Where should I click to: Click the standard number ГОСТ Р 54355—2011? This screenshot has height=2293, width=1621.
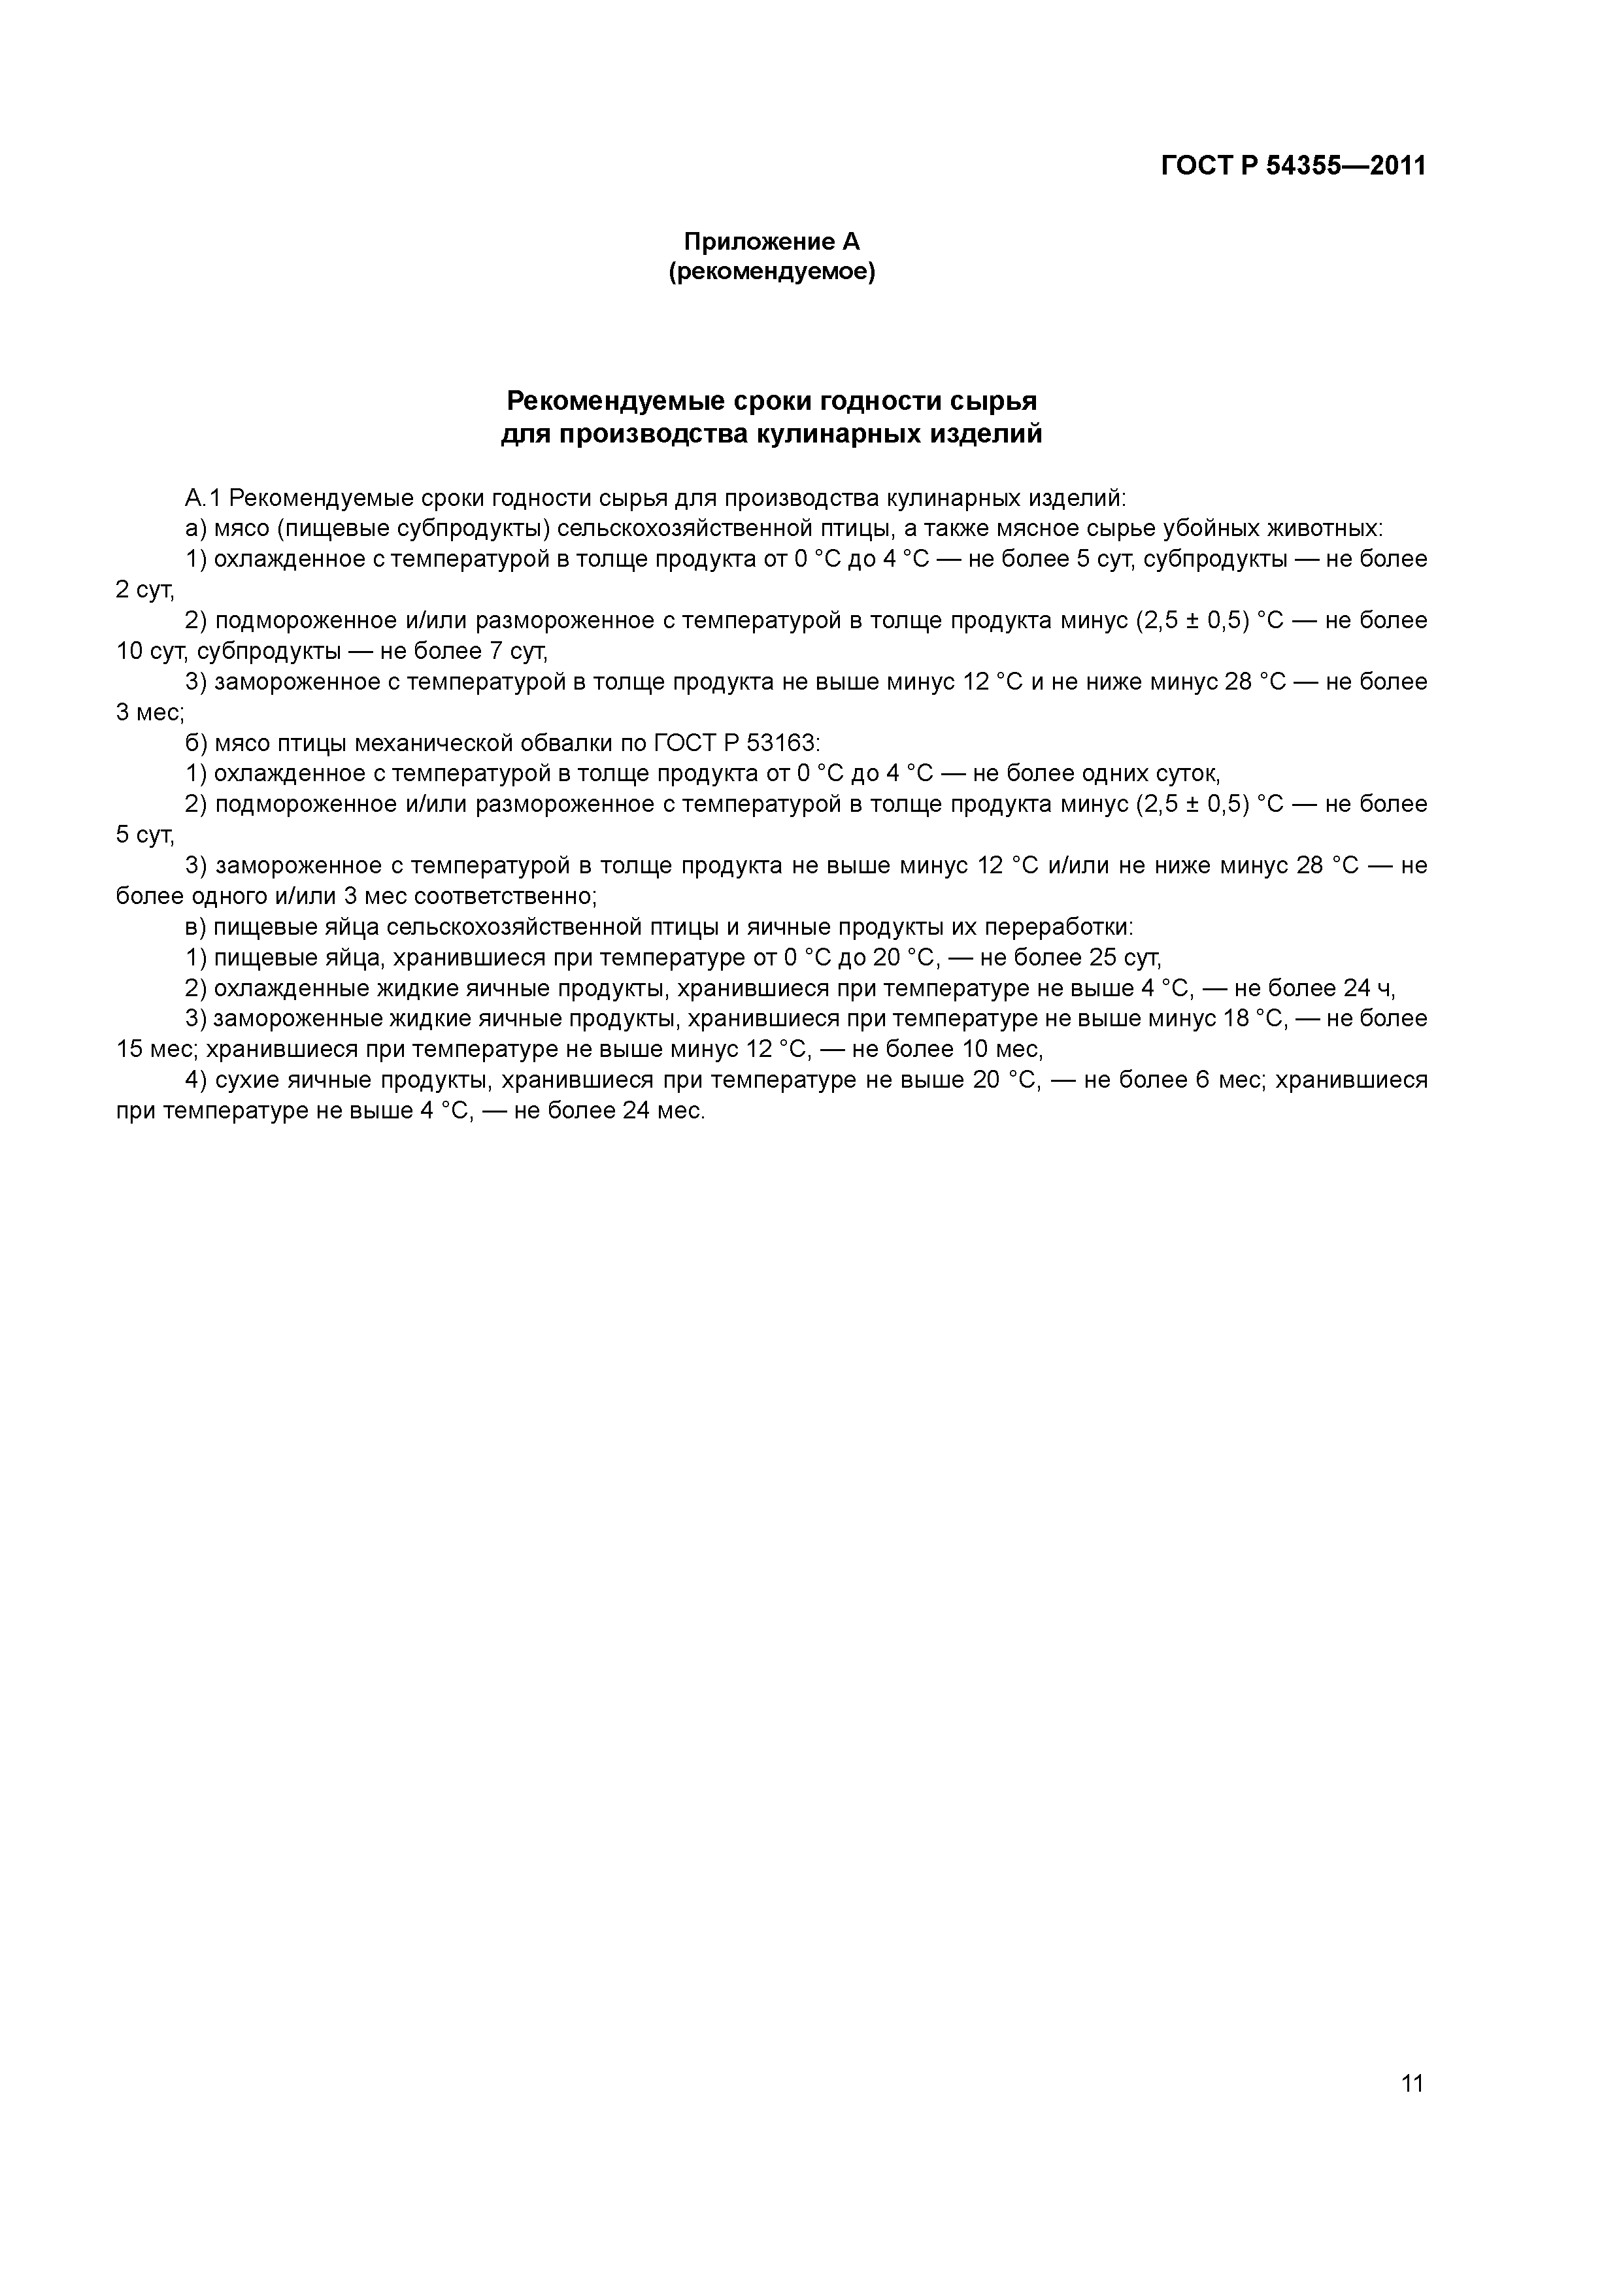pyautogui.click(x=1294, y=166)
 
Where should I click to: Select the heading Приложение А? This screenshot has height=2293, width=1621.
pyautogui.click(x=771, y=242)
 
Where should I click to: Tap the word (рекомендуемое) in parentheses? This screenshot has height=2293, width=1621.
pyautogui.click(x=771, y=272)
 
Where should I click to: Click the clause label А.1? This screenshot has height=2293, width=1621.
pyautogui.click(x=204, y=498)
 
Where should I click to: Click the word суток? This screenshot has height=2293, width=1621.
pyautogui.click(x=1184, y=774)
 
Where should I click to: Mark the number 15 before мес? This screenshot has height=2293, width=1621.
pyautogui.click(x=131, y=1050)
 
